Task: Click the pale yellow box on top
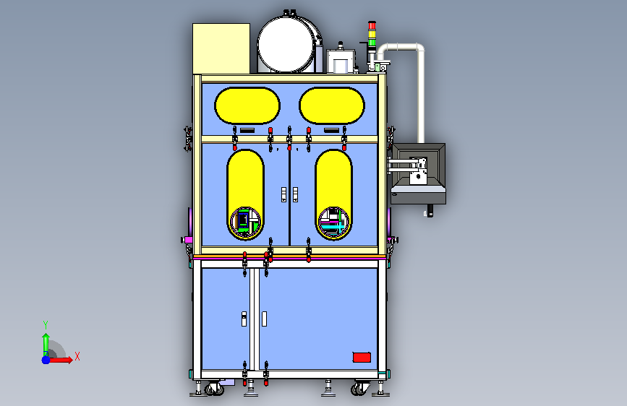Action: coord(221,48)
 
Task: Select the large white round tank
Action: coord(285,45)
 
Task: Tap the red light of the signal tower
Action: coord(372,25)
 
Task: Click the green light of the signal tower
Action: coord(372,42)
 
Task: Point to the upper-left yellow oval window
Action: coord(247,105)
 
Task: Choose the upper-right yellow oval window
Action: coord(332,105)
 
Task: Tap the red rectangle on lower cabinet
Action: coord(362,358)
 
